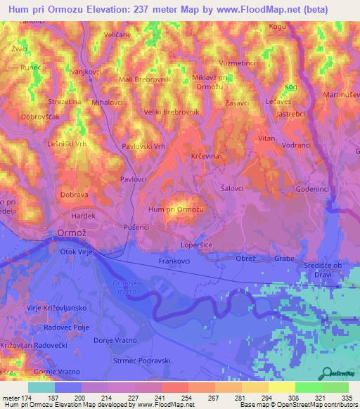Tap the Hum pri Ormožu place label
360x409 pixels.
[176, 209]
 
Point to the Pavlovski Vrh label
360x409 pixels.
[143, 146]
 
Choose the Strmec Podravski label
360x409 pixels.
[142, 361]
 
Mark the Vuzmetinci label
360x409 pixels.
[237, 63]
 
